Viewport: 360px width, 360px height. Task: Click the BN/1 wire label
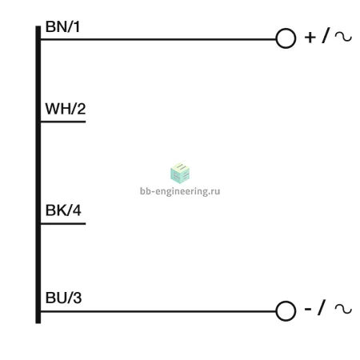62,26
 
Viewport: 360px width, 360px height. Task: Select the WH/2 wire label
66,109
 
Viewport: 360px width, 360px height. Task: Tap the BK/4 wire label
63,210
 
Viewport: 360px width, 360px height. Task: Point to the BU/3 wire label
63,298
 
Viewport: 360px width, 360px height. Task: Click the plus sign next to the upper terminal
310,38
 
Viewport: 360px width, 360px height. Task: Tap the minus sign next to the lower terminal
308,309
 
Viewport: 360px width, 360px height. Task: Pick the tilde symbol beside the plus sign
343,37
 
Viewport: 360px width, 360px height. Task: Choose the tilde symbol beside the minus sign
343,309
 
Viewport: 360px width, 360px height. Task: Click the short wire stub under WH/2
63,122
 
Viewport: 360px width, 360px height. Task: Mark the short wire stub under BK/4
63,223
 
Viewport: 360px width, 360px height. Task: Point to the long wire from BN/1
158,39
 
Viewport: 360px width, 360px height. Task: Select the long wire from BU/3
158,311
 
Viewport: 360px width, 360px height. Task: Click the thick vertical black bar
38,174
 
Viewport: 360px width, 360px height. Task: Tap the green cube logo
180,173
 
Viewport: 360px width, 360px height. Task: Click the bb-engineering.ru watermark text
180,191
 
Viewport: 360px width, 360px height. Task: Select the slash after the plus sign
326,35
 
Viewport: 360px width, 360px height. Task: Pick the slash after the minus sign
322,307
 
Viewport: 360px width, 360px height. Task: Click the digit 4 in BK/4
77,210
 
